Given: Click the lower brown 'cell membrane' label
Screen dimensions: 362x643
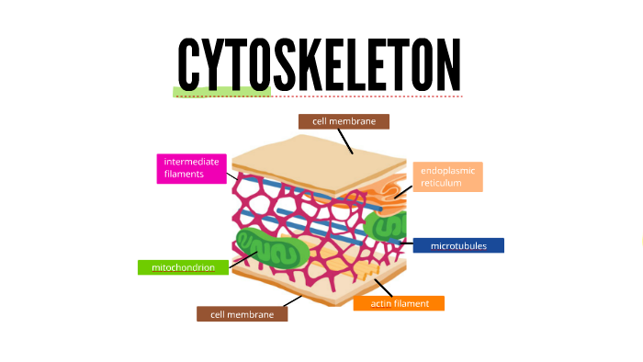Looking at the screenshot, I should (242, 314).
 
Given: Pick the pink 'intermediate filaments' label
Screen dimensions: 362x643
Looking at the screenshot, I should (192, 168).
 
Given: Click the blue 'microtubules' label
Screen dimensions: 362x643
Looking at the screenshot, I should (458, 245).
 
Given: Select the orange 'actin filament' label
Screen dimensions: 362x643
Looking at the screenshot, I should (399, 303).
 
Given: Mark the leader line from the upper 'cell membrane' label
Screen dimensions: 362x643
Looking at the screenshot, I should (344, 141).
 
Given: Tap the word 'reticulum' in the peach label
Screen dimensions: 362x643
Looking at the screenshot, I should (442, 183).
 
